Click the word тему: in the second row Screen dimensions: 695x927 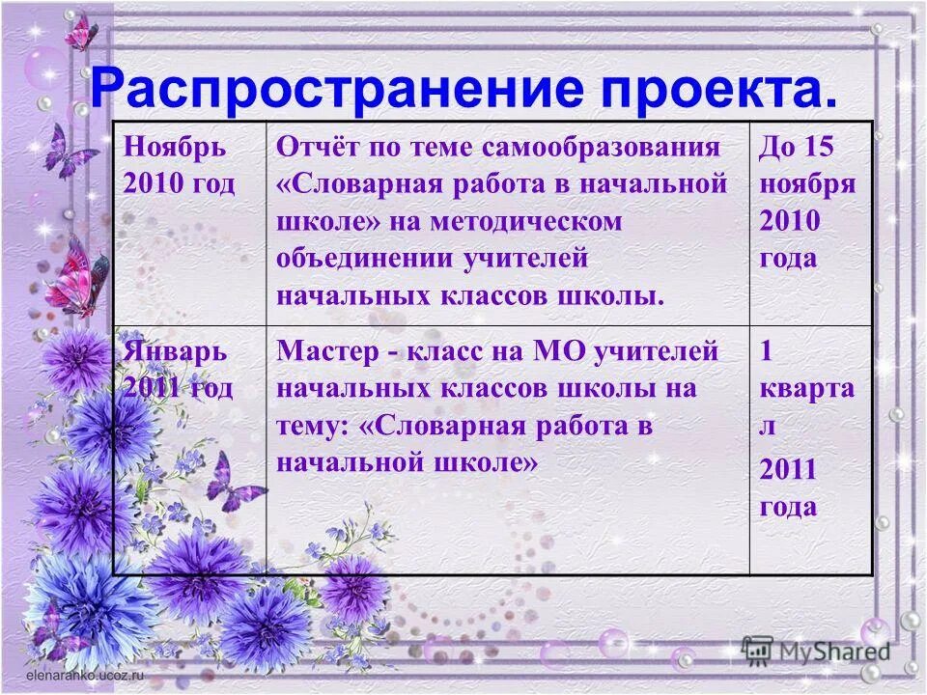click(316, 426)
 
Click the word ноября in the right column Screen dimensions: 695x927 click(807, 184)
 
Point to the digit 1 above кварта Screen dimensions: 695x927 click(767, 351)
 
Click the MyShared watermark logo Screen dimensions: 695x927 click(816, 650)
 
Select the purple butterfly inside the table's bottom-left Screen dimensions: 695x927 click(235, 483)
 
